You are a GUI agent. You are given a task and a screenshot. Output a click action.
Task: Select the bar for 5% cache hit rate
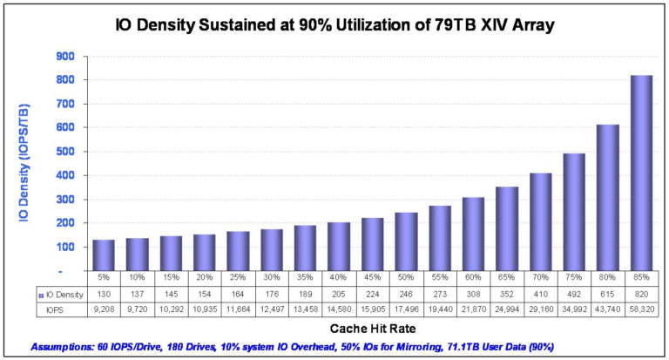coord(105,255)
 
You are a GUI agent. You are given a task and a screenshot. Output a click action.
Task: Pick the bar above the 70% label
coord(539,221)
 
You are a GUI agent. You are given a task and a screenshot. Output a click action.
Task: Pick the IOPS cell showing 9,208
coord(105,309)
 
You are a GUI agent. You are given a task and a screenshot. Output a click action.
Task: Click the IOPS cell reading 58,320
coord(640,309)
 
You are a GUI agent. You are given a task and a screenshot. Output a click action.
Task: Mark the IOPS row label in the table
coord(54,309)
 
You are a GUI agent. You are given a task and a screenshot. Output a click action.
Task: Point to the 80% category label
coord(607,278)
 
